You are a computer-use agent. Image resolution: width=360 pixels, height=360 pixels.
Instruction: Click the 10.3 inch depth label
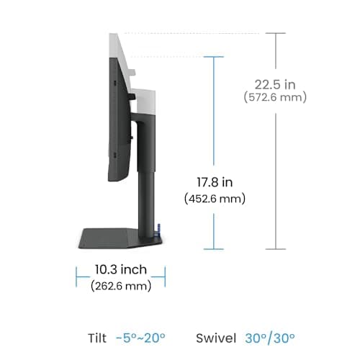pyautogui.click(x=121, y=270)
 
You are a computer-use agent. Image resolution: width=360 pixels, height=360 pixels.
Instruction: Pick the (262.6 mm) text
pyautogui.click(x=121, y=286)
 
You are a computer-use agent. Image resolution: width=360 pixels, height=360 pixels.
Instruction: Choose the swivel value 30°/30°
pyautogui.click(x=268, y=338)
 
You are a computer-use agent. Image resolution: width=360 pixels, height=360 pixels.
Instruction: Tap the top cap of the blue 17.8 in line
pyautogui.click(x=214, y=58)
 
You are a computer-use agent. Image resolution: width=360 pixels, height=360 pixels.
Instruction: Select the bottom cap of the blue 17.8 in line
pyautogui.click(x=214, y=248)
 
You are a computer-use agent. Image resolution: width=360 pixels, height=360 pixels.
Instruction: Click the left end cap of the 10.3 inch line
pyautogui.click(x=77, y=275)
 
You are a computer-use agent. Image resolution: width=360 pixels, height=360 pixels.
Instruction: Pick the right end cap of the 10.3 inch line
pyautogui.click(x=165, y=275)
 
